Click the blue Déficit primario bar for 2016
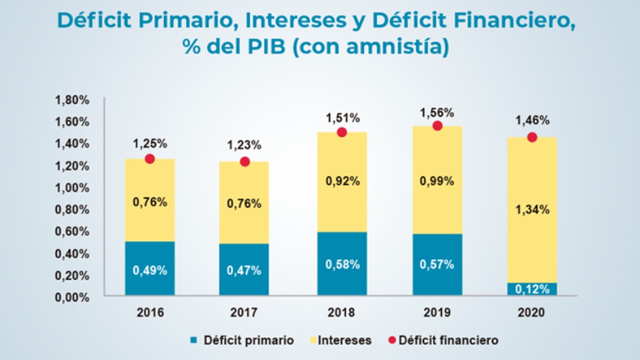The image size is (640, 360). click(x=149, y=268)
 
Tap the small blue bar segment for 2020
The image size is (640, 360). click(x=532, y=289)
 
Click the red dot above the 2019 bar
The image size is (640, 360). click(x=437, y=125)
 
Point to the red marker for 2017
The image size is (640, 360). click(x=245, y=161)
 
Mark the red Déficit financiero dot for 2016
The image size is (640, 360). click(x=149, y=158)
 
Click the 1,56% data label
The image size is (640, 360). click(x=437, y=112)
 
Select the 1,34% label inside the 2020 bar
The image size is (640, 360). click(x=532, y=210)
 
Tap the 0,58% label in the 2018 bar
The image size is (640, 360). click(x=342, y=264)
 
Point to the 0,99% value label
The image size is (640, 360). click(x=437, y=181)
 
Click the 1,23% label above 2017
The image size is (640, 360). click(x=244, y=145)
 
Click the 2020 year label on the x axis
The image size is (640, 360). click(x=531, y=312)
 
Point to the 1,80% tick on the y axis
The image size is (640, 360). click(x=72, y=100)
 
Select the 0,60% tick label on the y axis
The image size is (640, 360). click(x=72, y=232)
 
